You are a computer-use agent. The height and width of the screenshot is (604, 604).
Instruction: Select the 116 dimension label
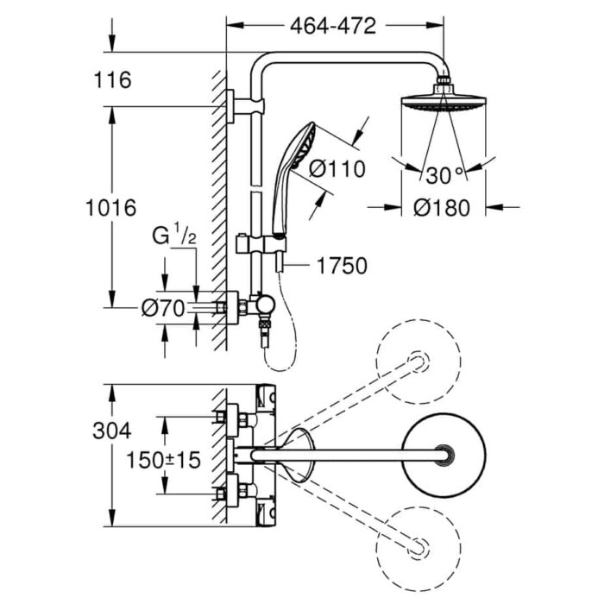pos(114,80)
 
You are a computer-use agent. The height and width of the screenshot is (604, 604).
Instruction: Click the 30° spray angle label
pos(445,175)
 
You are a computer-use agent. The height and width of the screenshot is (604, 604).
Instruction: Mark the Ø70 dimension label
pos(164,308)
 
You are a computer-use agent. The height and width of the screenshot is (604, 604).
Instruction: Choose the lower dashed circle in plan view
pos(418,546)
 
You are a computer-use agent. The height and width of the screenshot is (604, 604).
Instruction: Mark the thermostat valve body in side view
pos(259,306)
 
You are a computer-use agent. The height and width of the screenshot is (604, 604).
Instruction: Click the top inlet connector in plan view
pos(231,418)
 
